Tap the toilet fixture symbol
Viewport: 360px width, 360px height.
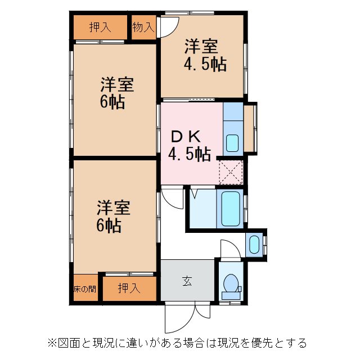231,286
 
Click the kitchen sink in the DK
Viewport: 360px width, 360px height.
232,142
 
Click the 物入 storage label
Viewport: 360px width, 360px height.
143,26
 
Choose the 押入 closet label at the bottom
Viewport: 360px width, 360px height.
129,289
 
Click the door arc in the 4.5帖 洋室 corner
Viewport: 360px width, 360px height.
169,25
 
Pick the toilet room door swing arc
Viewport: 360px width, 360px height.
229,250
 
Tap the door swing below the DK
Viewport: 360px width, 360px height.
171,198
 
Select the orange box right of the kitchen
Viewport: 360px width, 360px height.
250,127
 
